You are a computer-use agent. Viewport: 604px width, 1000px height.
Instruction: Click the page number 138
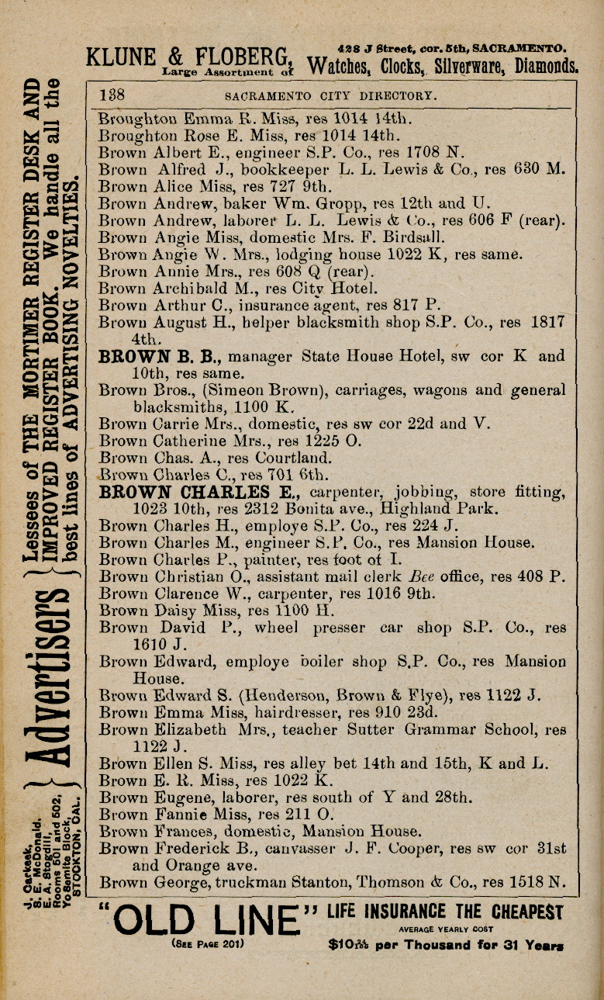(112, 95)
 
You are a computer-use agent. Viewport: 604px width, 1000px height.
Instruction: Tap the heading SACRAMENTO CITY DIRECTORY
(331, 96)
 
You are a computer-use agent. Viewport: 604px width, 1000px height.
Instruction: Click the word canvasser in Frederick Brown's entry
(260, 848)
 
